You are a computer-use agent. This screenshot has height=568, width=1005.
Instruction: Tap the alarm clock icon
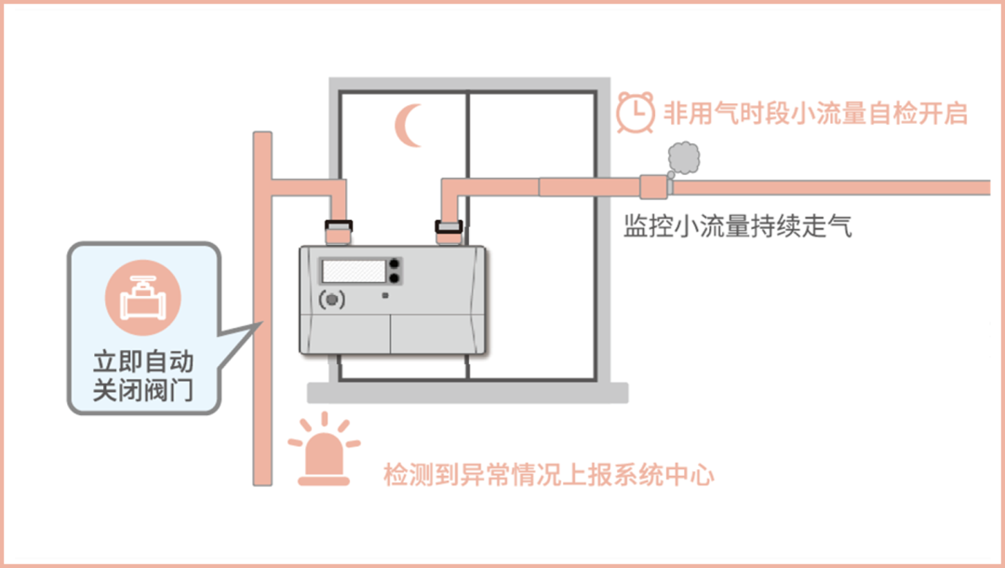(635, 113)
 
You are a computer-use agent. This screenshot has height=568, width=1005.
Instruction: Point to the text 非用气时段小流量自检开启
(815, 114)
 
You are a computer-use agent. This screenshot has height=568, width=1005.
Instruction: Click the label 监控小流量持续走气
(738, 226)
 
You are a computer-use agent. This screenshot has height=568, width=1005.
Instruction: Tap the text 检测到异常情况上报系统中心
(549, 475)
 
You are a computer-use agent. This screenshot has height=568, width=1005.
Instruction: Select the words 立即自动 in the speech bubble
(143, 361)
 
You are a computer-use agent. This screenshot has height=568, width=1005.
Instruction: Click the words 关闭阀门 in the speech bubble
(143, 390)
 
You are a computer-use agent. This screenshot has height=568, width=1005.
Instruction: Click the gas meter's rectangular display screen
(354, 271)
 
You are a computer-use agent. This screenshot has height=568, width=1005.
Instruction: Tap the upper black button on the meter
(395, 264)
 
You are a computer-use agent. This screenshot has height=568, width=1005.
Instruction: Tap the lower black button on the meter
(395, 277)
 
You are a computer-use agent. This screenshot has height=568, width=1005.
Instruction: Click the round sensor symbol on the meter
(330, 300)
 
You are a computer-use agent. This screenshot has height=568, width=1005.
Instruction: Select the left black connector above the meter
(337, 224)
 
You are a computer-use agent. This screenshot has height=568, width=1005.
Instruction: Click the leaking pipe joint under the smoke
(654, 186)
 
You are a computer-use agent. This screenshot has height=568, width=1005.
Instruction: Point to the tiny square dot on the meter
(385, 296)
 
